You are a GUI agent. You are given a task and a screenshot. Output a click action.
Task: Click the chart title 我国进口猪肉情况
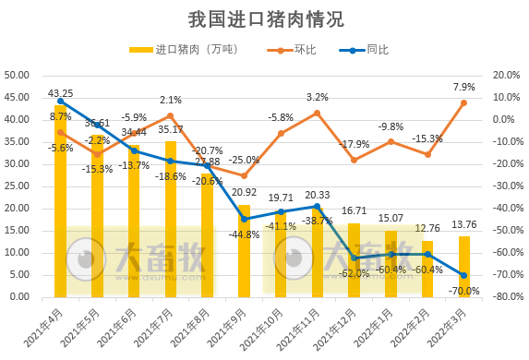click(x=264, y=18)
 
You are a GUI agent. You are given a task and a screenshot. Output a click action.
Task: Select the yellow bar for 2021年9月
click(x=244, y=250)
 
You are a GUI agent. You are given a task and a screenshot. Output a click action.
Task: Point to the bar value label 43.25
click(x=61, y=93)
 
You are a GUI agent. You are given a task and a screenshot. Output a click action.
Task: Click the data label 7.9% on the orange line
click(x=463, y=87)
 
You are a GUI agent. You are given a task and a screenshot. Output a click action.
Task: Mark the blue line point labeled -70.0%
click(x=463, y=275)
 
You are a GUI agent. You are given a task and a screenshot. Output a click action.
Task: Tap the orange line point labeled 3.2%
click(x=317, y=113)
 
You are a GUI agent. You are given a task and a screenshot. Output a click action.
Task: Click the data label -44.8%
click(x=243, y=234)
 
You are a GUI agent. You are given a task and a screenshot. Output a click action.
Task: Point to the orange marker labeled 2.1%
click(x=170, y=116)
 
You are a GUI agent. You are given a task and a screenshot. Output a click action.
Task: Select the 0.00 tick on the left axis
click(x=21, y=297)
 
